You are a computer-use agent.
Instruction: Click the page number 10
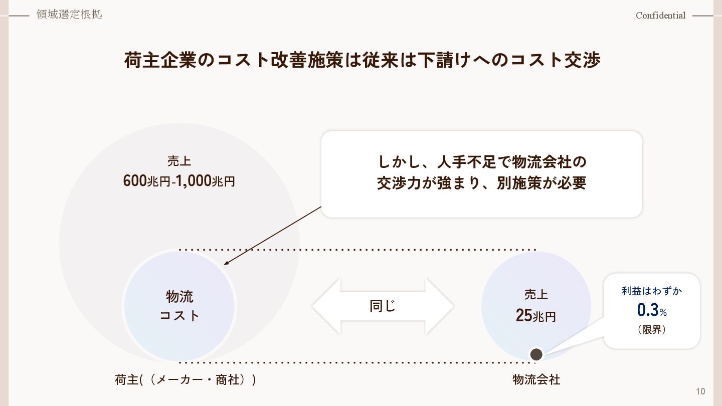tap(700, 391)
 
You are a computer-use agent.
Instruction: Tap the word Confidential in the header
tap(660, 16)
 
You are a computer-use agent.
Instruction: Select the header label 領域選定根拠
tap(69, 15)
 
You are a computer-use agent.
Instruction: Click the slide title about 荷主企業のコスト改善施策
tap(362, 60)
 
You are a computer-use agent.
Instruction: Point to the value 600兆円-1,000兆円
tap(179, 181)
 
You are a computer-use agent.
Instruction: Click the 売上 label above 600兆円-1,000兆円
tap(179, 161)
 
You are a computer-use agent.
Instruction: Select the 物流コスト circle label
tap(179, 305)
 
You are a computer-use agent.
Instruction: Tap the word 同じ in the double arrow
tap(383, 306)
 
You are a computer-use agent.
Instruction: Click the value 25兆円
tap(535, 316)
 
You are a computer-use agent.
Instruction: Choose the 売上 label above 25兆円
tap(536, 294)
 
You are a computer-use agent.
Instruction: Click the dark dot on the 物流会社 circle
tap(536, 354)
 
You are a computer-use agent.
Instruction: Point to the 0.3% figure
tap(651, 311)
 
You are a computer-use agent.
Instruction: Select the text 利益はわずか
tap(652, 291)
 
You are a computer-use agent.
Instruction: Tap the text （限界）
tap(652, 330)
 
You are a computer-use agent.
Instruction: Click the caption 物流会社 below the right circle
tap(536, 380)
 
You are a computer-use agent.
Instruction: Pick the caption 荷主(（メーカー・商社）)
tap(185, 380)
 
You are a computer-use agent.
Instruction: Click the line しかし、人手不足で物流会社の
tap(481, 162)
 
